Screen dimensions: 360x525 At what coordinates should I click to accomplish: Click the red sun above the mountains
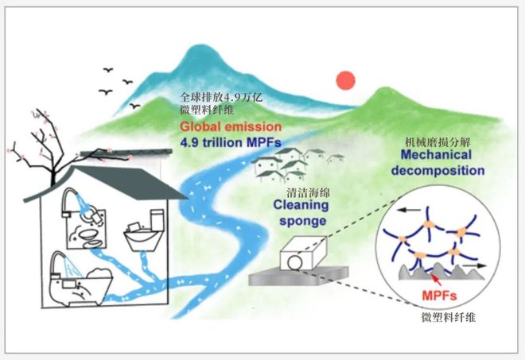344,80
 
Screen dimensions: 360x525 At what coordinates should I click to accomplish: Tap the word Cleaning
302,206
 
